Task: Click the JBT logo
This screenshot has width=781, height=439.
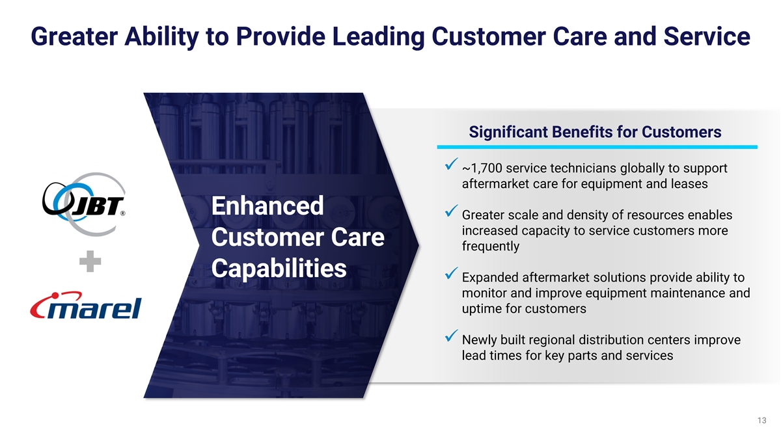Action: point(84,204)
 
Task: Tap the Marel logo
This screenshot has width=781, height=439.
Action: point(86,305)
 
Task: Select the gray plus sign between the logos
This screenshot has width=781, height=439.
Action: point(90,261)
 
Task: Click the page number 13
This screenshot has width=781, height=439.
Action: point(762,421)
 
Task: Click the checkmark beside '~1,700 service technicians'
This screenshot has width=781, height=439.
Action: point(451,164)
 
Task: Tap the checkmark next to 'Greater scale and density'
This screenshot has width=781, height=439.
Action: point(451,211)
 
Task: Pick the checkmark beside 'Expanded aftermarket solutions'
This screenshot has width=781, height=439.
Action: point(451,273)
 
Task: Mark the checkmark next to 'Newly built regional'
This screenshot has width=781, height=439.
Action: point(451,335)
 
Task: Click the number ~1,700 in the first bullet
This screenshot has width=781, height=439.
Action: point(482,168)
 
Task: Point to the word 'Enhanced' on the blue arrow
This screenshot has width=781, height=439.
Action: point(267,206)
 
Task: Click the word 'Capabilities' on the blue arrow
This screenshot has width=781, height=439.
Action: point(279,268)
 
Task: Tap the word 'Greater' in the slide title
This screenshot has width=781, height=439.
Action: point(74,36)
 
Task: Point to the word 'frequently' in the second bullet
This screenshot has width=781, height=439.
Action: point(491,246)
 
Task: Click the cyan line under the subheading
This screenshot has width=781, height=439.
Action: point(597,147)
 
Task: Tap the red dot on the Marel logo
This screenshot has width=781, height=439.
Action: point(55,296)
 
